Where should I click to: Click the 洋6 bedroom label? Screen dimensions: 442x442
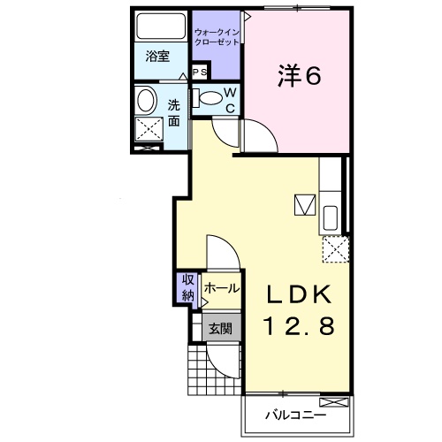click(300, 77)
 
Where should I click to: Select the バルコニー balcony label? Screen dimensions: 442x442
click(296, 414)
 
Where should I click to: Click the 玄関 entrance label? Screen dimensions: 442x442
click(220, 328)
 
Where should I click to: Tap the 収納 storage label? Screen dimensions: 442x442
click(188, 288)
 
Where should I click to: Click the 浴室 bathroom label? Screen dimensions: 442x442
click(157, 56)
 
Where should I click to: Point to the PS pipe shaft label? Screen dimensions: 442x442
click(200, 72)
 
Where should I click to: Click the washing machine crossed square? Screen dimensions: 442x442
click(149, 131)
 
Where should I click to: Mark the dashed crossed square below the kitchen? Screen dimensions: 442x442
click(335, 250)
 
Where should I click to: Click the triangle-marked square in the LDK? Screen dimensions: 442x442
click(305, 205)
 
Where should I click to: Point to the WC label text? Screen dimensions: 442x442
click(228, 100)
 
